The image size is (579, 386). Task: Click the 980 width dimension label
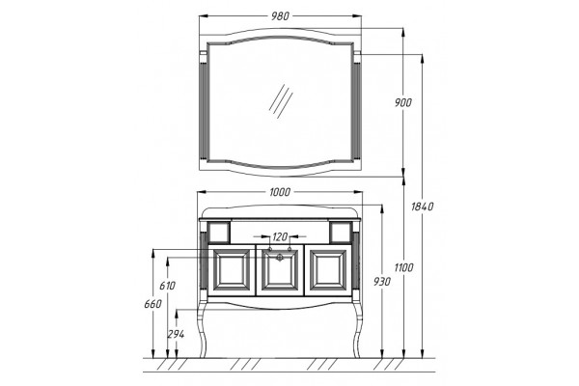[280, 16]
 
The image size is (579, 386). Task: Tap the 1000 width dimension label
[280, 192]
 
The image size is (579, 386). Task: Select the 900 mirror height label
[402, 102]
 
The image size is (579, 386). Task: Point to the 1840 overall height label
[422, 207]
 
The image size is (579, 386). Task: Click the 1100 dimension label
[403, 267]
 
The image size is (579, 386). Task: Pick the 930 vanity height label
[381, 282]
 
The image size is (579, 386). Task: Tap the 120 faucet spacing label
[280, 236]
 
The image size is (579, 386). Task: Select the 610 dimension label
[167, 286]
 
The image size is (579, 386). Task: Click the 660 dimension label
[152, 304]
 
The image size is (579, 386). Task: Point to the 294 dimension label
[176, 334]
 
